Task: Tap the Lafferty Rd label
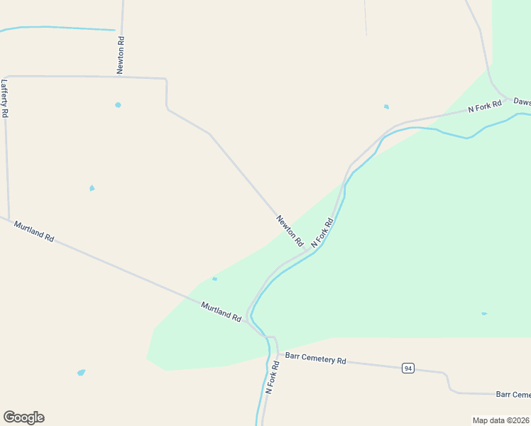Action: coord(4,98)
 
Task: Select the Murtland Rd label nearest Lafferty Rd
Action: coord(33,231)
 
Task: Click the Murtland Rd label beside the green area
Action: coord(221,312)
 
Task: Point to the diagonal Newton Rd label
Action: coord(290,231)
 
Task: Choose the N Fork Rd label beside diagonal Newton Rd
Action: coord(322,233)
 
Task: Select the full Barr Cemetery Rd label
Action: coord(315,359)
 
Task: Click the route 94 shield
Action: coord(407,368)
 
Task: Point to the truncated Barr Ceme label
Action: coord(513,395)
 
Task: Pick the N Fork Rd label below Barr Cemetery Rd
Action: coord(270,377)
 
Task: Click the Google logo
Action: coord(23,417)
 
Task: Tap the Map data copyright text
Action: coord(501,420)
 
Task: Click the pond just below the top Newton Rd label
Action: coord(118,105)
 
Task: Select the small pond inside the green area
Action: coord(484,313)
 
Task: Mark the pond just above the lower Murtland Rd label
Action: coord(214,279)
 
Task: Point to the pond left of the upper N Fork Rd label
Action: coord(386,107)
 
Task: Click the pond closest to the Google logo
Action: coord(82,372)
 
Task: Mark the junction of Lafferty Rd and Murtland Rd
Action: coord(9,219)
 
